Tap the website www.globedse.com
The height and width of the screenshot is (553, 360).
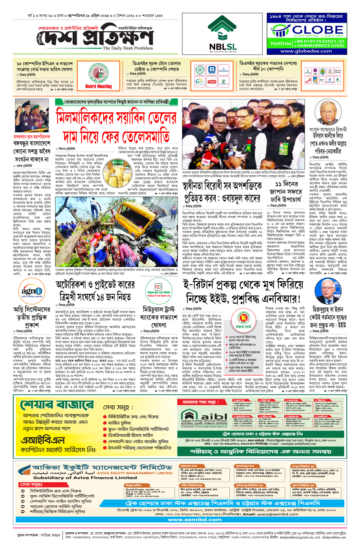click(306, 51)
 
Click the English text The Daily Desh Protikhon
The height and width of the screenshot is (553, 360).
click(128, 48)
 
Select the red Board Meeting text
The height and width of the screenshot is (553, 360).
click(98, 86)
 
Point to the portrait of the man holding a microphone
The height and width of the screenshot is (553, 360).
click(328, 113)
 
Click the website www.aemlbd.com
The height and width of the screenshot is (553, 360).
click(195, 520)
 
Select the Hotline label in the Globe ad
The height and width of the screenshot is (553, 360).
click(281, 44)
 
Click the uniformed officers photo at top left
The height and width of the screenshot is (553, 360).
click(32, 116)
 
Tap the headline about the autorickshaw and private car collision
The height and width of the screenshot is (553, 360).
click(95, 290)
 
